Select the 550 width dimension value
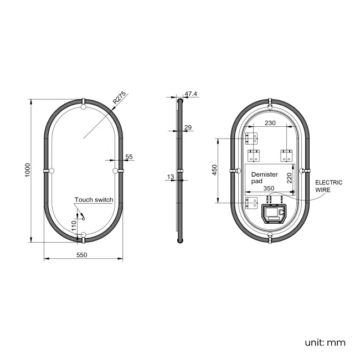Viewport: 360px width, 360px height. [x=82, y=255]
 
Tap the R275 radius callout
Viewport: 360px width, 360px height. [x=120, y=98]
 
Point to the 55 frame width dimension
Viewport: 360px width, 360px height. [x=129, y=157]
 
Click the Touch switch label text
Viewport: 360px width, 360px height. [x=94, y=199]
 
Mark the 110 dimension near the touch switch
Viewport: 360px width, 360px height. [x=73, y=225]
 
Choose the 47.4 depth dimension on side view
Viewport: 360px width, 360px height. [x=191, y=94]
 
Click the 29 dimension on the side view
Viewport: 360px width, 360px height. [x=188, y=128]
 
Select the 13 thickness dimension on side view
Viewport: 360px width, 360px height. [x=169, y=177]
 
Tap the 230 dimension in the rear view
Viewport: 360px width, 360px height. [x=270, y=123]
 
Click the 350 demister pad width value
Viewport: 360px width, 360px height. [x=269, y=188]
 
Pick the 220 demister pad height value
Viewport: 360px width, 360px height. [x=289, y=178]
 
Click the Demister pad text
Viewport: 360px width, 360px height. [x=264, y=177]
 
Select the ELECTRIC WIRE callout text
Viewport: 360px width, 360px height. [x=328, y=186]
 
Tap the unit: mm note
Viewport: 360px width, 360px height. [x=325, y=342]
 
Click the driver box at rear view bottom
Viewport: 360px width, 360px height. [x=274, y=212]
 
